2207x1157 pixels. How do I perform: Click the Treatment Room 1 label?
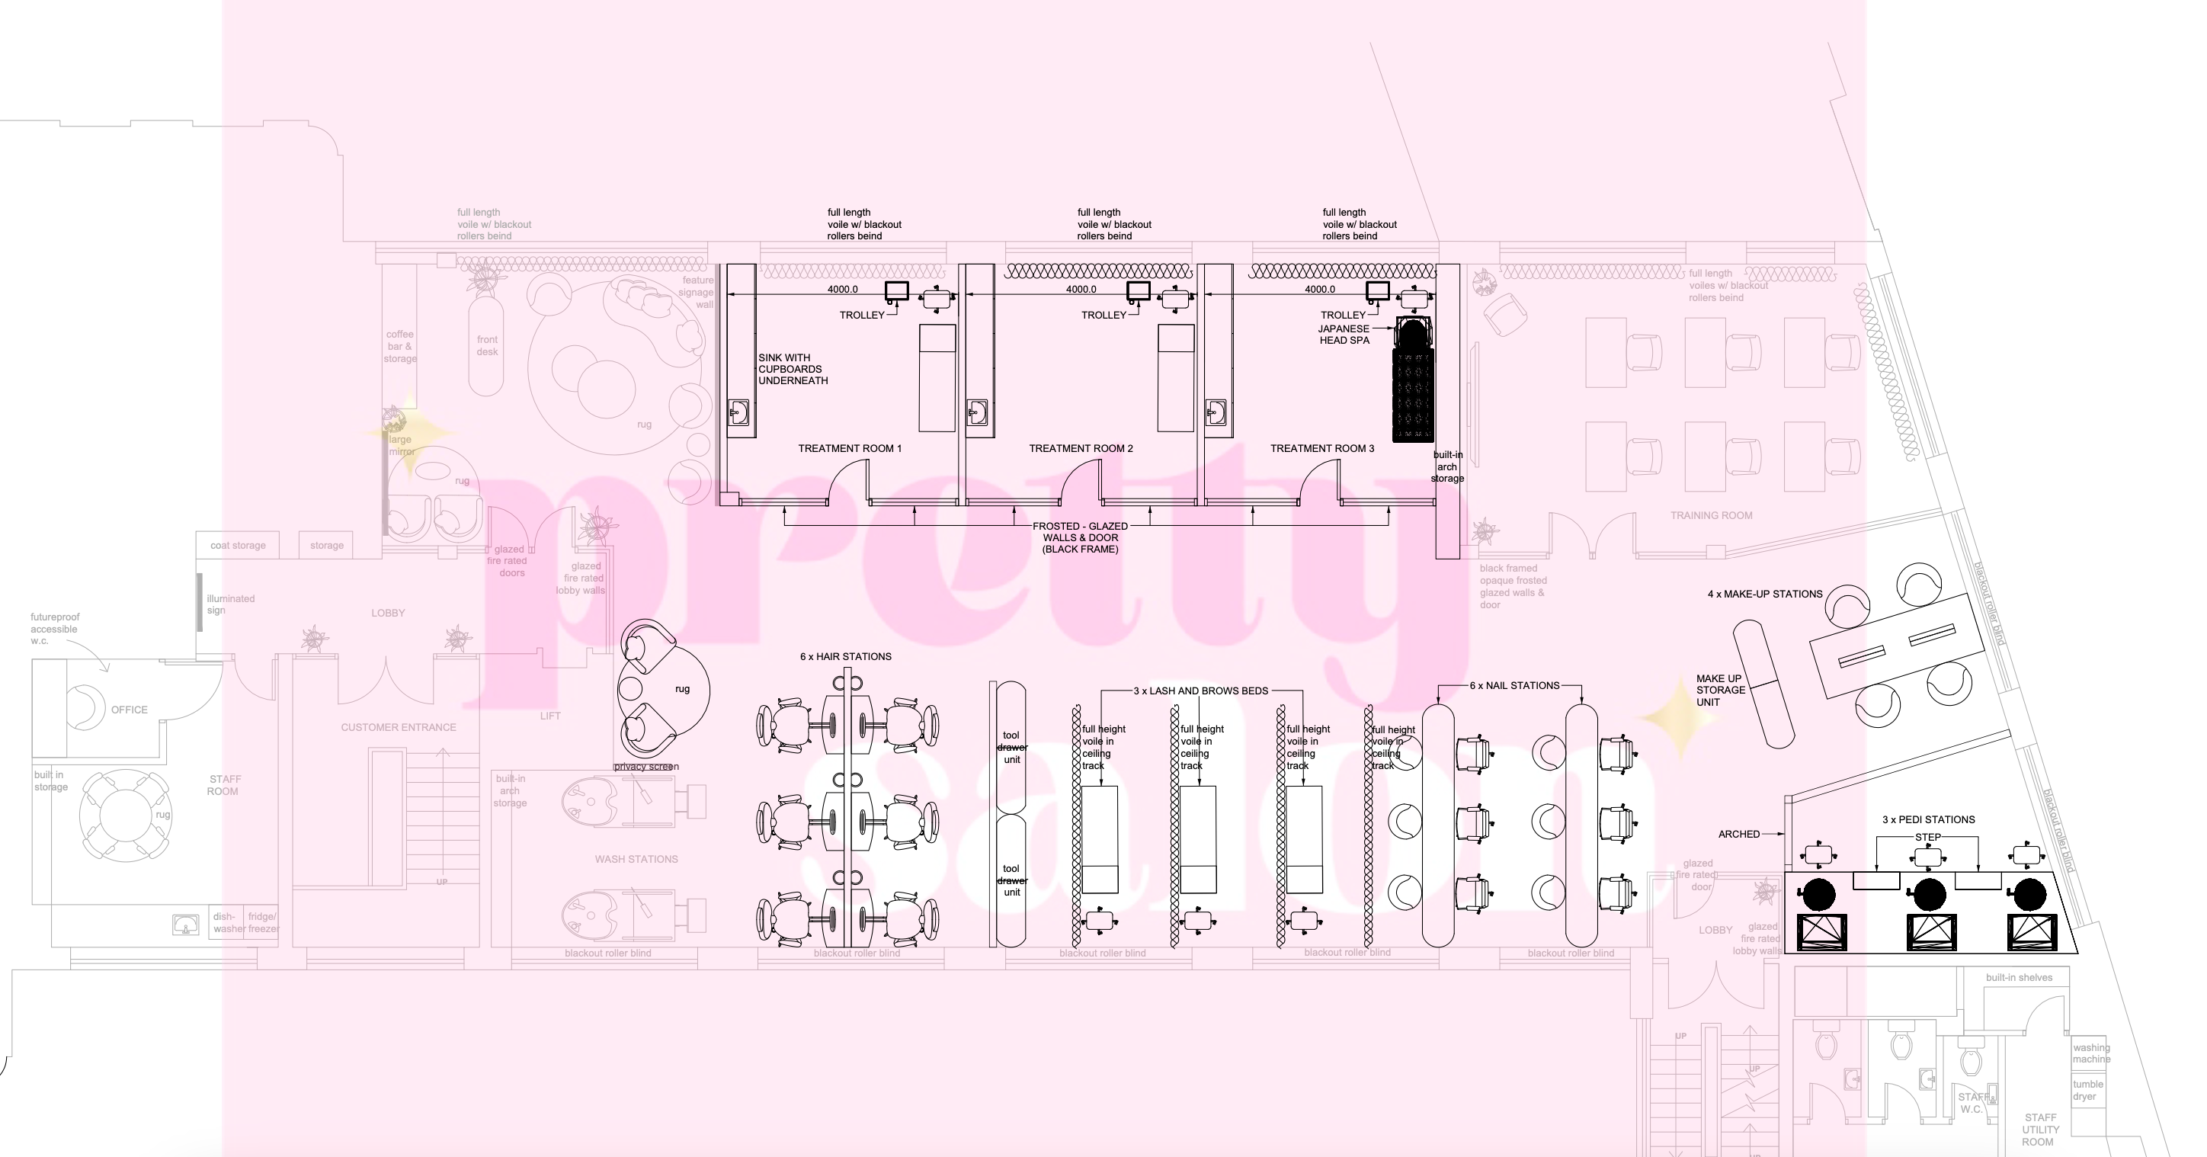click(849, 448)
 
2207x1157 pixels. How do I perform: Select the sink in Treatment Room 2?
click(978, 413)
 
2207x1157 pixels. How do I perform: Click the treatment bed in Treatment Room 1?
click(937, 377)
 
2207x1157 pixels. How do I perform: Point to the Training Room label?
click(1711, 515)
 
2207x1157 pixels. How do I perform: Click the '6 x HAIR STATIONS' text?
click(846, 656)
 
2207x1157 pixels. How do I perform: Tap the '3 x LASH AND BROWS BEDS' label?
click(1200, 691)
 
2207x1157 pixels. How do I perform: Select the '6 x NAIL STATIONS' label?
click(1514, 686)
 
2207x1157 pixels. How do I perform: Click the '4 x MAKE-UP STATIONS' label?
click(1765, 594)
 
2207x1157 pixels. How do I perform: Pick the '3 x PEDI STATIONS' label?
click(1928, 819)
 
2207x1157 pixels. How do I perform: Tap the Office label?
click(130, 710)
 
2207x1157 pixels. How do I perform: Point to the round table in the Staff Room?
click(123, 815)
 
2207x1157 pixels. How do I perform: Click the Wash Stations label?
click(636, 859)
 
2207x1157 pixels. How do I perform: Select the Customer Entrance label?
click(399, 727)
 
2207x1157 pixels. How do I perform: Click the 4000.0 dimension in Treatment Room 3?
click(1319, 290)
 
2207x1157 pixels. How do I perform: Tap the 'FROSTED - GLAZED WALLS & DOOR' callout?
click(1080, 537)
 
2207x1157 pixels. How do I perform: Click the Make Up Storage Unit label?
click(1719, 690)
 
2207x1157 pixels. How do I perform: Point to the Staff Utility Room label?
click(2039, 1129)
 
